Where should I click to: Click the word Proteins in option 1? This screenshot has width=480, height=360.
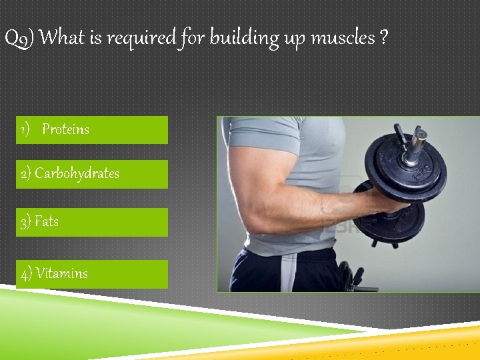click(65, 129)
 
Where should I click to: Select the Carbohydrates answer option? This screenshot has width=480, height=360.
click(77, 173)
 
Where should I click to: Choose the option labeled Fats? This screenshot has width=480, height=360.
click(46, 221)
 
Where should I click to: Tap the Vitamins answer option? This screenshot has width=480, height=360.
click(61, 273)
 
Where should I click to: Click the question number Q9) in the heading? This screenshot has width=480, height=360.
click(19, 38)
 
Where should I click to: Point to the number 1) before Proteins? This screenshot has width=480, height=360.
click(25, 129)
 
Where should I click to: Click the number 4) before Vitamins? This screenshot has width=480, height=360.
click(27, 273)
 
